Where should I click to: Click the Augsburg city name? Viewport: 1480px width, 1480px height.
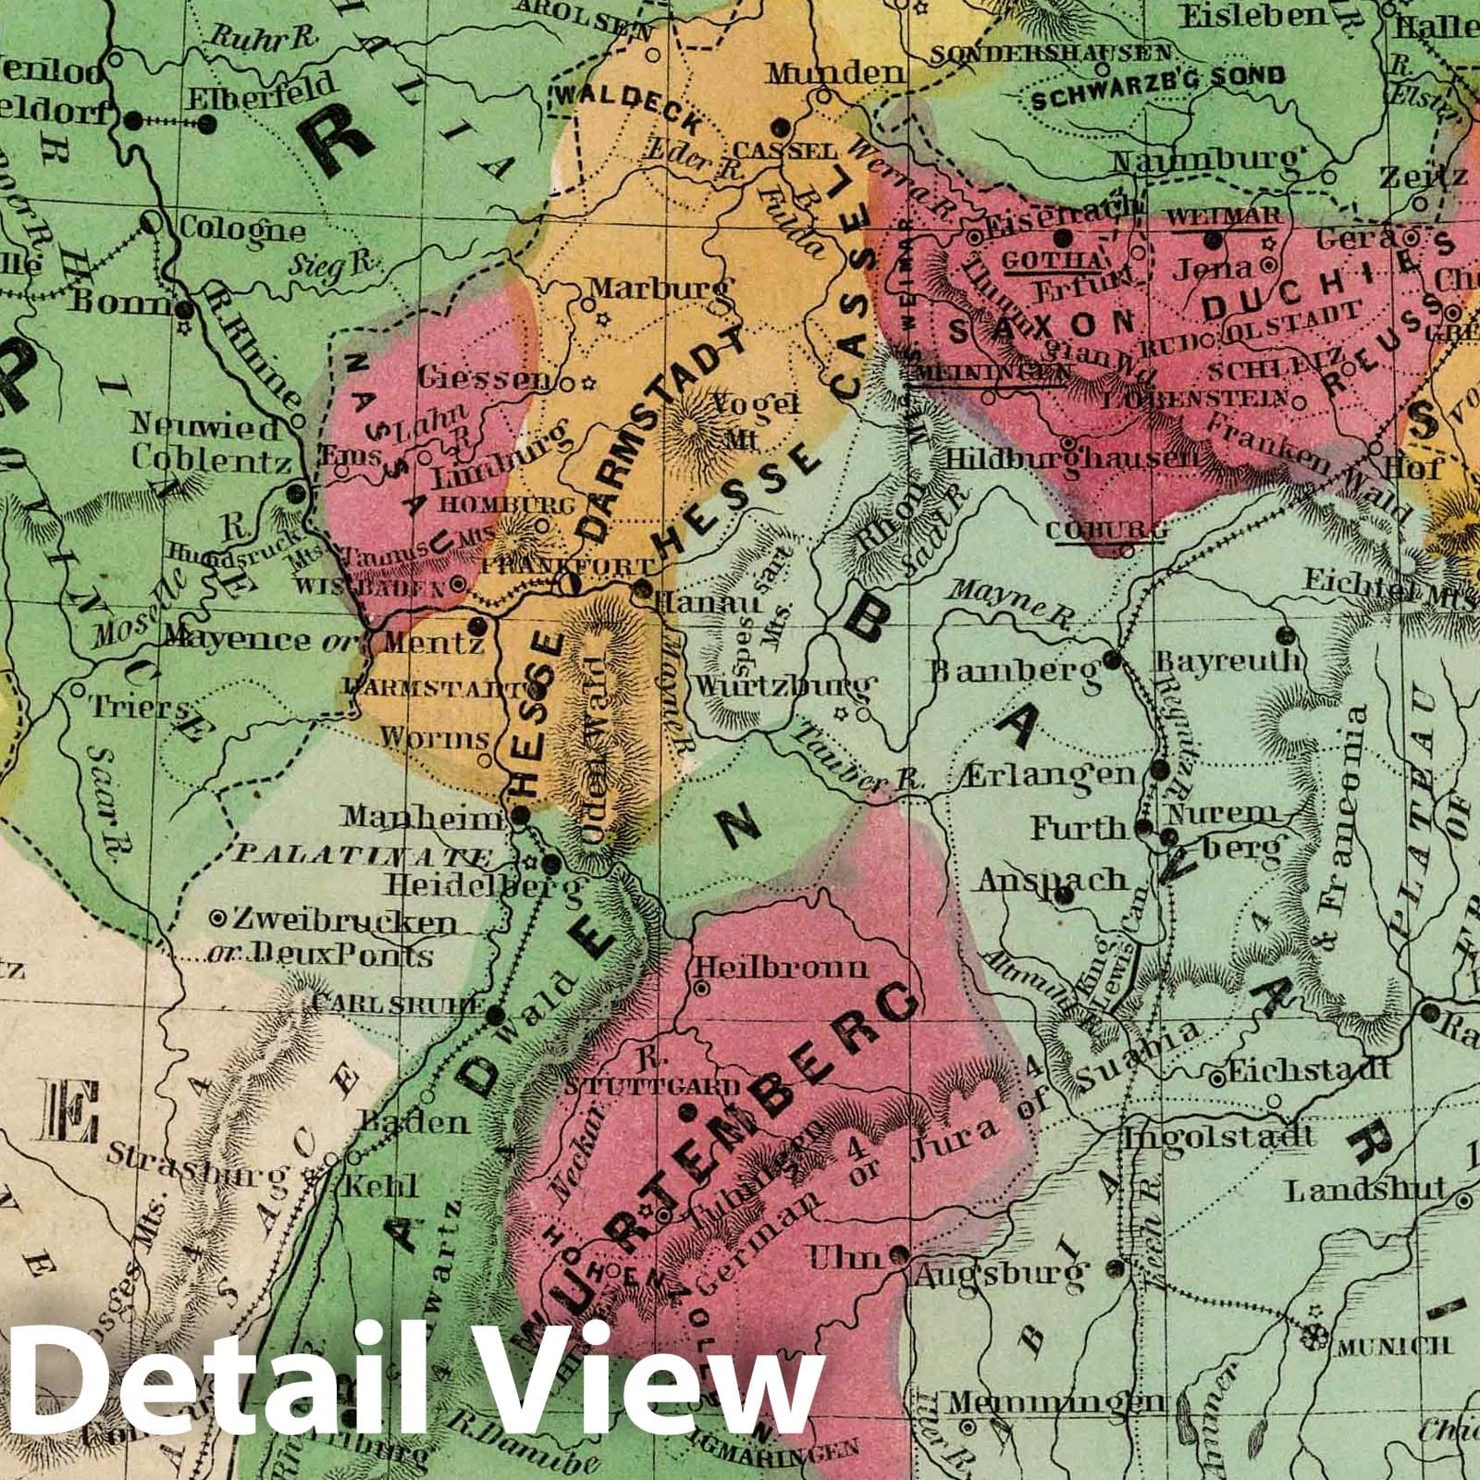[x=998, y=1275]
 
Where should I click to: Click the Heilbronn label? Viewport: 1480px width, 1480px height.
[x=782, y=968]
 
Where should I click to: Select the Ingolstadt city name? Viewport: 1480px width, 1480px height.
[x=1218, y=1136]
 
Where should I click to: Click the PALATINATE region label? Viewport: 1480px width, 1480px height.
[x=362, y=855]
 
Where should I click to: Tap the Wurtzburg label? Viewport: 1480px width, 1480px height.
[x=782, y=686]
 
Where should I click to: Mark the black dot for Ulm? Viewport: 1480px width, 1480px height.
[x=897, y=1255]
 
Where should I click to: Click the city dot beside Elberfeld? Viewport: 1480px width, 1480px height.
[x=134, y=119]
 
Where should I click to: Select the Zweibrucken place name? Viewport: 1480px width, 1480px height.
[x=345, y=922]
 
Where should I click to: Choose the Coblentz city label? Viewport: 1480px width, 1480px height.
[x=213, y=460]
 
